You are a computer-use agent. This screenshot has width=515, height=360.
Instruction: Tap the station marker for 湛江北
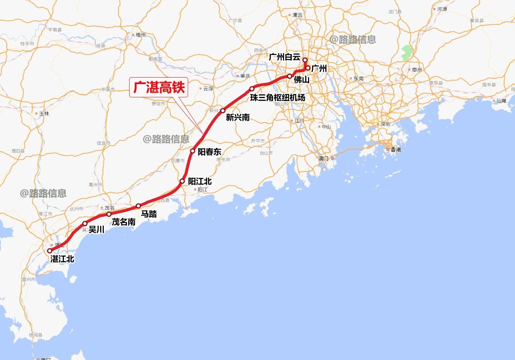50,251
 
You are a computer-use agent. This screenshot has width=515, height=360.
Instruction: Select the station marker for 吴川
85,223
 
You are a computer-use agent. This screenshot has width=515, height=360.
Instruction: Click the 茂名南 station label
124,222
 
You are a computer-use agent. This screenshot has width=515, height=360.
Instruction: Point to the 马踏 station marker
138,206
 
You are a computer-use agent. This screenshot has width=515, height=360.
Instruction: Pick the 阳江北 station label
200,181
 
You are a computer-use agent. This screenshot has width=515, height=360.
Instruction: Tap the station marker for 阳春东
192,151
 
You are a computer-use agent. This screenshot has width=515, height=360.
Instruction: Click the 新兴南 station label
237,117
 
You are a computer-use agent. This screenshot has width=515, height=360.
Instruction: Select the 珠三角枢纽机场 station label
278,97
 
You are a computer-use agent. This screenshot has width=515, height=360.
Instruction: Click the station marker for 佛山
289,76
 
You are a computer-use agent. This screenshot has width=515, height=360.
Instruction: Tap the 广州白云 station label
284,57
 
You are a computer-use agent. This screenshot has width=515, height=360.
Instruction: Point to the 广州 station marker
308,68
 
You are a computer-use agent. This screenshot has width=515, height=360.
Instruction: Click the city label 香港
396,149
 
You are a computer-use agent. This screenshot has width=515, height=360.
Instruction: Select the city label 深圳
385,124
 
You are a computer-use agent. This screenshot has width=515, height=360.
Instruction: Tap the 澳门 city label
323,158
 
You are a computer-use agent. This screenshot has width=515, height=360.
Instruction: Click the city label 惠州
417,70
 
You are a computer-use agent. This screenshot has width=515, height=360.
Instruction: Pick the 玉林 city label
44,114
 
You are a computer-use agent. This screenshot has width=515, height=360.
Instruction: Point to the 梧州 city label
141,35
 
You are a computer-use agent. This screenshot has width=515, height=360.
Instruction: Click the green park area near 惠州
406,53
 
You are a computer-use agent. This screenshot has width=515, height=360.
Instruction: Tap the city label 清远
297,15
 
